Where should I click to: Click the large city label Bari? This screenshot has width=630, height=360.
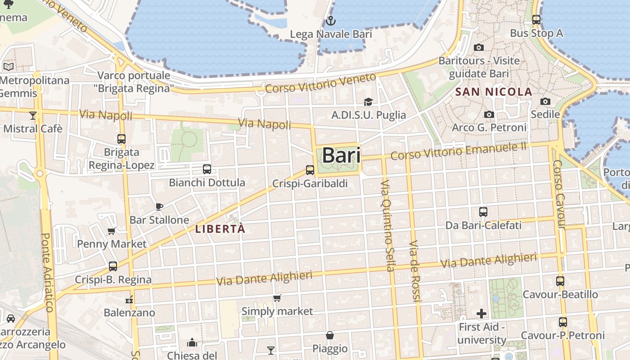[342, 155]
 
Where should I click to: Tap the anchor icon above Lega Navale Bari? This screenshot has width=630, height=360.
[331, 21]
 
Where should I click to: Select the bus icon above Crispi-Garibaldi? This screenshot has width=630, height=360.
[310, 170]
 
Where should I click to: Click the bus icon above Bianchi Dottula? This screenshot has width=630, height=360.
[207, 169]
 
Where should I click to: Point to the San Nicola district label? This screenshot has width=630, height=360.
[494, 92]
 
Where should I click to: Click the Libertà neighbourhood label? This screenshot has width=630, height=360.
[220, 229]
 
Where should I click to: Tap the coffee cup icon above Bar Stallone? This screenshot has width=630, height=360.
[159, 207]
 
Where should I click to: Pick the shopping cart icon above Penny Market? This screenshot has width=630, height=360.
[112, 231]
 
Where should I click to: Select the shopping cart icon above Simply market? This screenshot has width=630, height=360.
[277, 298]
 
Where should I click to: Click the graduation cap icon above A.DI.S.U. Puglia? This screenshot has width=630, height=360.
[369, 102]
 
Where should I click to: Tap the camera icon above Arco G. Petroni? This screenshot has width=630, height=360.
[489, 115]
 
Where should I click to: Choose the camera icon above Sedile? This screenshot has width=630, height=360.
[545, 101]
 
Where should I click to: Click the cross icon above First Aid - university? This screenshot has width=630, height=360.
[481, 313]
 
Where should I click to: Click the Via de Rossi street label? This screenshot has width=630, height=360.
[414, 271]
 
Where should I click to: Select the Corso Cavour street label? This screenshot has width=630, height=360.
[559, 194]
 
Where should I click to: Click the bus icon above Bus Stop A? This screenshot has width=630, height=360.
[536, 20]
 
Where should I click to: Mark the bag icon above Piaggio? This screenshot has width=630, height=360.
[330, 335]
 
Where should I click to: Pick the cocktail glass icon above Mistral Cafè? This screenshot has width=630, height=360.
[32, 116]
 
